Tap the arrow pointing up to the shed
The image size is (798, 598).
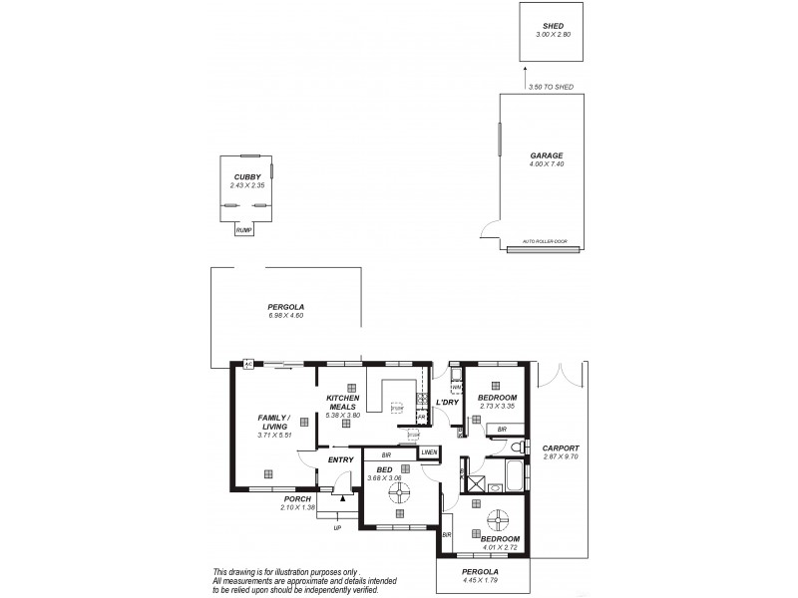(528, 74)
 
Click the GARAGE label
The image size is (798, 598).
(547, 155)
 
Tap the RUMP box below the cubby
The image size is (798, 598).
(243, 230)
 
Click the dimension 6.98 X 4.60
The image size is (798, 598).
(285, 316)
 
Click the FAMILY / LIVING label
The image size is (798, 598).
(273, 422)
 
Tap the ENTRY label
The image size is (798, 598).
(341, 459)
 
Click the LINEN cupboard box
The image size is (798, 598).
(429, 452)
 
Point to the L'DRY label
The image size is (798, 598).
(446, 403)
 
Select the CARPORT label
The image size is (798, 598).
(562, 448)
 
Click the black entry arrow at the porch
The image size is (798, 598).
(343, 497)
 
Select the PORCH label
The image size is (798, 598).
(296, 498)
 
